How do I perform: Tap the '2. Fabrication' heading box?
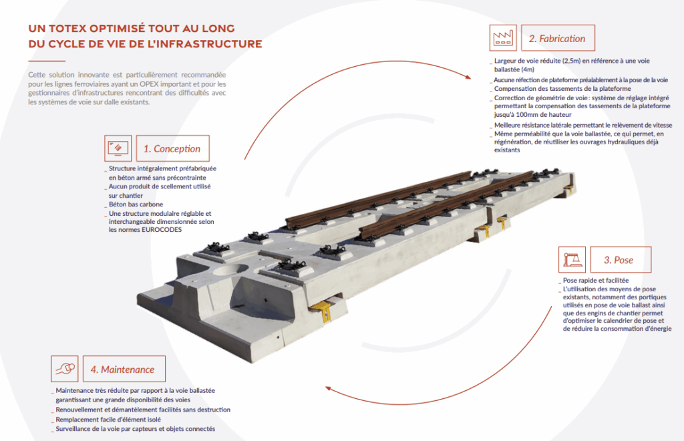pyautogui.click(x=556, y=38)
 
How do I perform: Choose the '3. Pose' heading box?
pyautogui.click(x=618, y=259)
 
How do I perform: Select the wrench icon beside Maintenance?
pyautogui.click(x=65, y=369)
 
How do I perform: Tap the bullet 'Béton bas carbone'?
pyautogui.click(x=136, y=204)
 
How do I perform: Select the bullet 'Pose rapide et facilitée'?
pyautogui.click(x=596, y=280)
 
